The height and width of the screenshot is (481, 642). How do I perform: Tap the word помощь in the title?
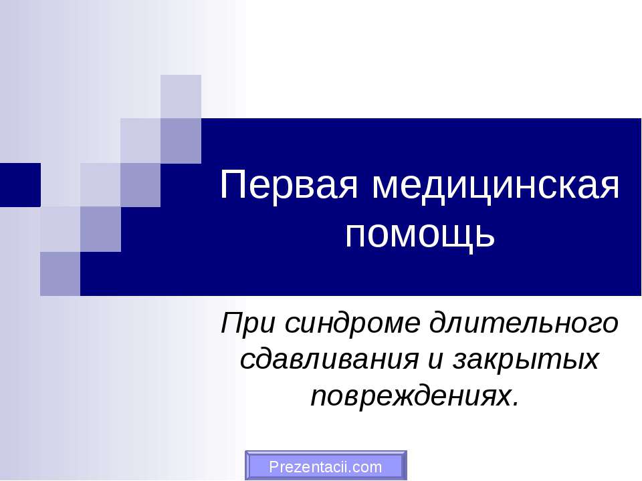[419, 234]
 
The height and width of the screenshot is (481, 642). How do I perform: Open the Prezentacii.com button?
[325, 466]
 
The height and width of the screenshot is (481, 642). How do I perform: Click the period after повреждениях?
[514, 404]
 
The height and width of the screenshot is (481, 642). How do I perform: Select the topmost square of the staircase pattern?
[181, 96]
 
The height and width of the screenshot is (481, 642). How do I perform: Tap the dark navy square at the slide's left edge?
[19, 184]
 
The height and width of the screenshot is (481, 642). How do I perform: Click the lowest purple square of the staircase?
[60, 273]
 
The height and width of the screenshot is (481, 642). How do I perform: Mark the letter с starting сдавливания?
[245, 361]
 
